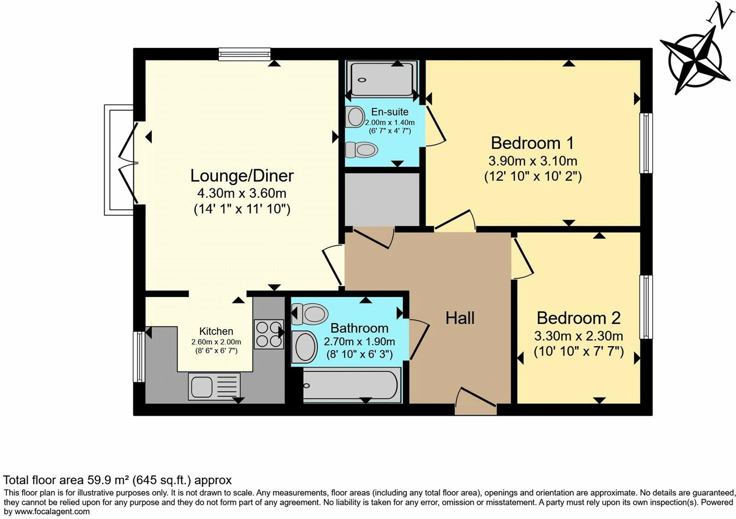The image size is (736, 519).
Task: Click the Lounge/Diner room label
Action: tap(242, 176)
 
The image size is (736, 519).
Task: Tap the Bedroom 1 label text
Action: tap(532, 143)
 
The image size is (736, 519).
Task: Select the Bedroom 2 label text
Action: tap(578, 318)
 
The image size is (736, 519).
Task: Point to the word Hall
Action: tap(460, 318)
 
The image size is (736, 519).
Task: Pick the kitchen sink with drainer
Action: tap(214, 385)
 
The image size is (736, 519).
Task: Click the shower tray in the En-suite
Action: tap(383, 80)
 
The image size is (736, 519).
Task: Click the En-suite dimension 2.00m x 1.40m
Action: tap(390, 123)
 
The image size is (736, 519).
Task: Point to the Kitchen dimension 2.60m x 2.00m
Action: tap(216, 342)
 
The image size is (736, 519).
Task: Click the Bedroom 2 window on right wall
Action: tap(646, 307)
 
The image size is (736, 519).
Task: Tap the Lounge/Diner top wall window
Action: tap(244, 54)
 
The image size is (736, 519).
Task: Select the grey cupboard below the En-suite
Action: tap(382, 199)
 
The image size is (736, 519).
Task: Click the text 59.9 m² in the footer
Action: tap(109, 480)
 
